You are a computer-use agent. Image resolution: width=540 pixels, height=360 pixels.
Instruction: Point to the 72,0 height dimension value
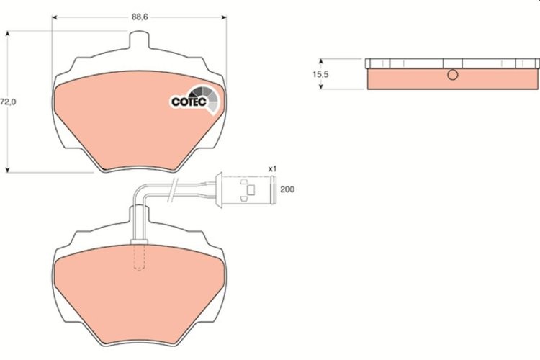[x=8, y=102]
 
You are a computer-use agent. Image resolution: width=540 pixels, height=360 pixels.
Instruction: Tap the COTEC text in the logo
[x=189, y=102]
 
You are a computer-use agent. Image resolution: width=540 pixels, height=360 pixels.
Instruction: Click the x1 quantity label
[x=272, y=168]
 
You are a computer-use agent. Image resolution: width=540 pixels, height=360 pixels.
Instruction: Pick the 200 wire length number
[x=287, y=189]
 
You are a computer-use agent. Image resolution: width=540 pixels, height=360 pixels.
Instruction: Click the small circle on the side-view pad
[x=452, y=76]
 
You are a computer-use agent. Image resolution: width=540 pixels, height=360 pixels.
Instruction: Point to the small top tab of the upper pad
[x=139, y=44]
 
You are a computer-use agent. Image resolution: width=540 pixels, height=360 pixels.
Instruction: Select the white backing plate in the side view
[x=452, y=63]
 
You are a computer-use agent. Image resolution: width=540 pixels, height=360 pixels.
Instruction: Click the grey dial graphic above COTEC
[x=205, y=93]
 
